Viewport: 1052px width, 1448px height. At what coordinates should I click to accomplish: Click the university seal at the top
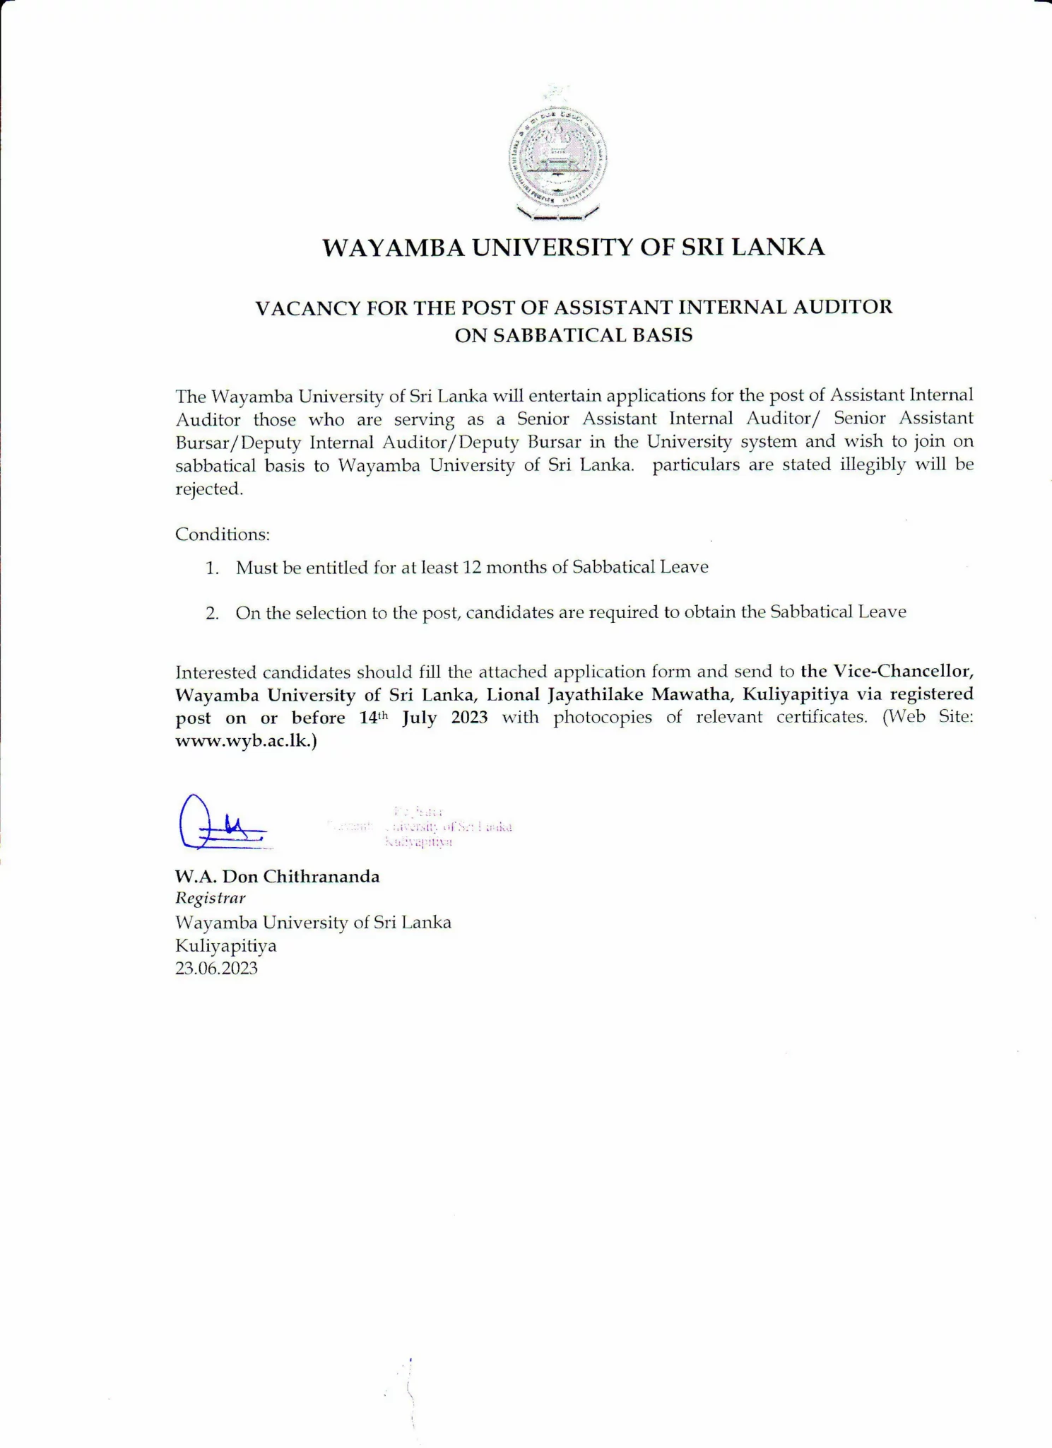click(x=557, y=156)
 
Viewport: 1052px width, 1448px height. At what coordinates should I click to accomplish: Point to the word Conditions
click(x=222, y=535)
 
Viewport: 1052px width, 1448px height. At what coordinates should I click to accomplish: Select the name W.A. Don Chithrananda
click(x=277, y=877)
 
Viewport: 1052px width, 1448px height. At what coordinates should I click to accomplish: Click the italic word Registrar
click(x=210, y=899)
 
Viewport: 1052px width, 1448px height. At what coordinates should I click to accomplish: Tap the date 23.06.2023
click(x=216, y=969)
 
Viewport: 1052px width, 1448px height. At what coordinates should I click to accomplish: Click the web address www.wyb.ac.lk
click(x=244, y=742)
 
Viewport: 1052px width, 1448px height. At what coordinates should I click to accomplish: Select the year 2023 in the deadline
click(x=469, y=718)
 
